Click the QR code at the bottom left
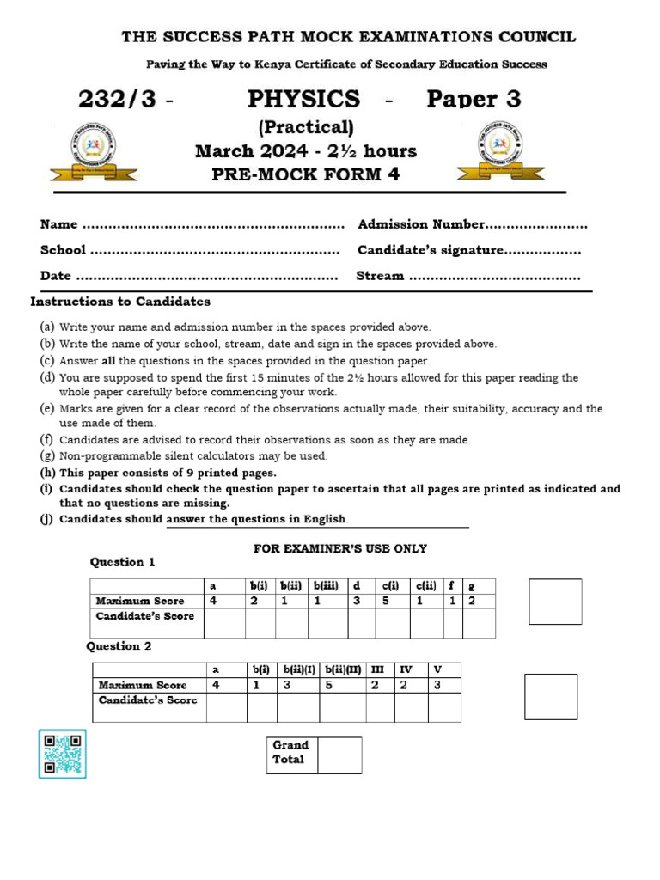pyautogui.click(x=62, y=754)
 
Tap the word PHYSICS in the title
pyautogui.click(x=303, y=99)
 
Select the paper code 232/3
pyautogui.click(x=118, y=100)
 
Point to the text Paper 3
pyautogui.click(x=474, y=99)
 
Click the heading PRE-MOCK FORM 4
pyautogui.click(x=305, y=174)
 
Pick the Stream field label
pyautogui.click(x=380, y=276)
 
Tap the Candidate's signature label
pyautogui.click(x=430, y=250)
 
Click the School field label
pyautogui.click(x=63, y=250)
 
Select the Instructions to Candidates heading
pyautogui.click(x=120, y=302)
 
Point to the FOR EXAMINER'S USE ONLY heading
pyautogui.click(x=340, y=548)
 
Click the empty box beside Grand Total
pyautogui.click(x=339, y=755)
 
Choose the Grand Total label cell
pyautogui.click(x=290, y=753)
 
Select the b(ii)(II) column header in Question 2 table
pyautogui.click(x=342, y=669)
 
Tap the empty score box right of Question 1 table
pyautogui.click(x=554, y=601)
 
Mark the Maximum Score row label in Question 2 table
pyautogui.click(x=143, y=685)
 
